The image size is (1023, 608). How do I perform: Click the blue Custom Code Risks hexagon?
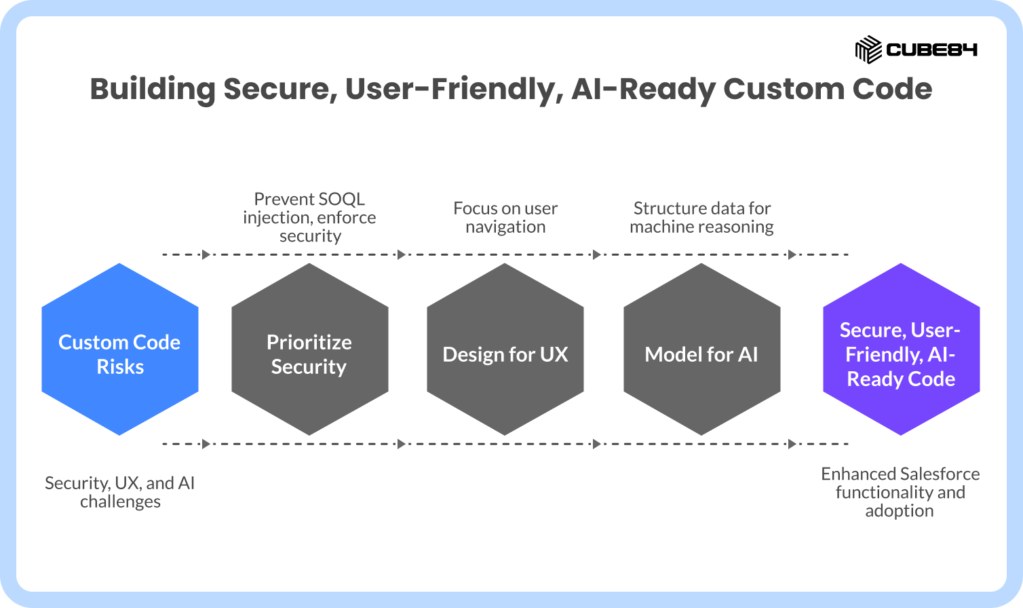119,349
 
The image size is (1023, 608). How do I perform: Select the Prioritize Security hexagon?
309,349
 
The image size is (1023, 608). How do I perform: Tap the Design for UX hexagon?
505,349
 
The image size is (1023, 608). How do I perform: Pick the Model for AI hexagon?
702,349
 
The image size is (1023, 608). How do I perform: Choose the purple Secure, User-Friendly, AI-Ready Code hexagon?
901,349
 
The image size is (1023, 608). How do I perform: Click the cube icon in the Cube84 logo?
868,50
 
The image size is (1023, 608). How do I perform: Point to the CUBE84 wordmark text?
931,50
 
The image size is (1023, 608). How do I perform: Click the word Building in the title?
153,90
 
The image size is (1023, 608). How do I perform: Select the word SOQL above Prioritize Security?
341,199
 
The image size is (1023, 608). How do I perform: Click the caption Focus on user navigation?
505,217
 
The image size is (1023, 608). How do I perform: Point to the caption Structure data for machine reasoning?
702,217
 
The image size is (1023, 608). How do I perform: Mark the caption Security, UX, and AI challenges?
119,492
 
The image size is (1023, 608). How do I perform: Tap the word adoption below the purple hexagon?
900,511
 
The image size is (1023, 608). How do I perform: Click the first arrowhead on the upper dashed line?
206,254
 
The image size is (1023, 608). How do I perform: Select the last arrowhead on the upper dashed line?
792,254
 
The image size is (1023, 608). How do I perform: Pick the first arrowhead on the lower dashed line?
206,444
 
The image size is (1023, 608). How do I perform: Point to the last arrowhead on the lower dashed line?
792,444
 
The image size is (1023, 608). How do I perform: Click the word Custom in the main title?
784,89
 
